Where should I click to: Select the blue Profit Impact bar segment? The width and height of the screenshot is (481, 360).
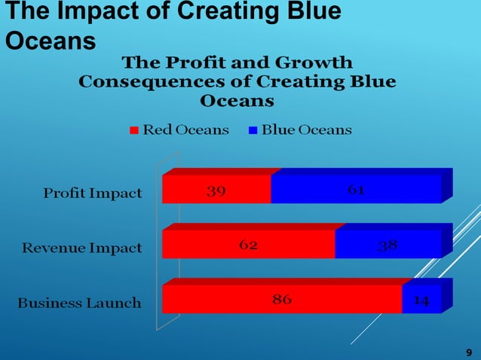pos(317,191)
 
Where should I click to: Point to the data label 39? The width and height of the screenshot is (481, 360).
pos(216,191)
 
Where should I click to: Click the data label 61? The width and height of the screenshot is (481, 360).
pos(357,190)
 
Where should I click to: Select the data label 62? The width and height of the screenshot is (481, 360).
pos(249,245)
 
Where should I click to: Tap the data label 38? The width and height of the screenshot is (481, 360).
pos(388,245)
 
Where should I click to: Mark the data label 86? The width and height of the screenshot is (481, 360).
pos(282,299)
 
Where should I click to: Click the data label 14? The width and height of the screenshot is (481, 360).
pos(421,300)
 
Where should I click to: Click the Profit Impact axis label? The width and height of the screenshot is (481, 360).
pos(92,193)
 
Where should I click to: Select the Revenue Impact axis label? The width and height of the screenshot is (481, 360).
pos(81,248)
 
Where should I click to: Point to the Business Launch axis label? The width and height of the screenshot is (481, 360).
pos(79,303)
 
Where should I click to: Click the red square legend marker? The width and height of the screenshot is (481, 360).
pos(134,130)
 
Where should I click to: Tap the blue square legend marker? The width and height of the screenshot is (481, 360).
pos(253,130)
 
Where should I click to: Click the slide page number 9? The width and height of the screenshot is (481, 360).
pos(469,352)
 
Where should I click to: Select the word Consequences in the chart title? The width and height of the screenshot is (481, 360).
pos(166,81)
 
